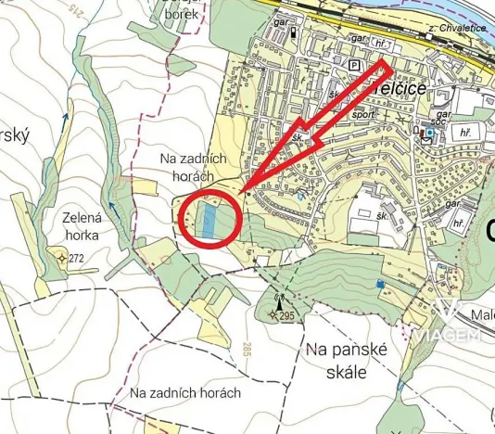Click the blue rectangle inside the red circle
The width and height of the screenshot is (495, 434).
(209, 219)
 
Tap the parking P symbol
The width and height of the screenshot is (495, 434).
(354, 66)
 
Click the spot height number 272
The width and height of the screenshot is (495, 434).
(76, 258)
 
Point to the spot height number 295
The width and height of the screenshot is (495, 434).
(286, 316)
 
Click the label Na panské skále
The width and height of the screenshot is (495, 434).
(337, 360)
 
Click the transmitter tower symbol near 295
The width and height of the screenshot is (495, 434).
(279, 300)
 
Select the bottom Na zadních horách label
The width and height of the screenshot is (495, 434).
(185, 393)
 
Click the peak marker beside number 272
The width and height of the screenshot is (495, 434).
(62, 259)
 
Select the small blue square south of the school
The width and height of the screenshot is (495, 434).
(380, 283)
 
